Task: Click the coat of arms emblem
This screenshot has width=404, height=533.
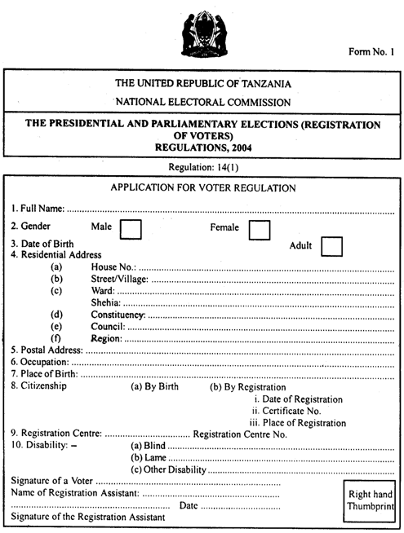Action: point(201,33)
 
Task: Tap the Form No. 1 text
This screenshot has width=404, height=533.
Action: point(372,53)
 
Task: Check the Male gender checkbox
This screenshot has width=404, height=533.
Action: point(131,229)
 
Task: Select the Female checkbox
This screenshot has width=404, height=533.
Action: point(260,229)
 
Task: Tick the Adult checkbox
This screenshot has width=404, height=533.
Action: point(331,245)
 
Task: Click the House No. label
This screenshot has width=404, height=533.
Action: point(113,267)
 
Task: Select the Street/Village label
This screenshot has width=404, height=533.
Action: point(121,282)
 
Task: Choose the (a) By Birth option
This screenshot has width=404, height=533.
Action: point(155,387)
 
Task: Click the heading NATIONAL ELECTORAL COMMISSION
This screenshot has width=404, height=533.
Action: point(202,102)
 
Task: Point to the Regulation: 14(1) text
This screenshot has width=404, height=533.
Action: point(202,166)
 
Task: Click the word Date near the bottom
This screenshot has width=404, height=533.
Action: point(189,505)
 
